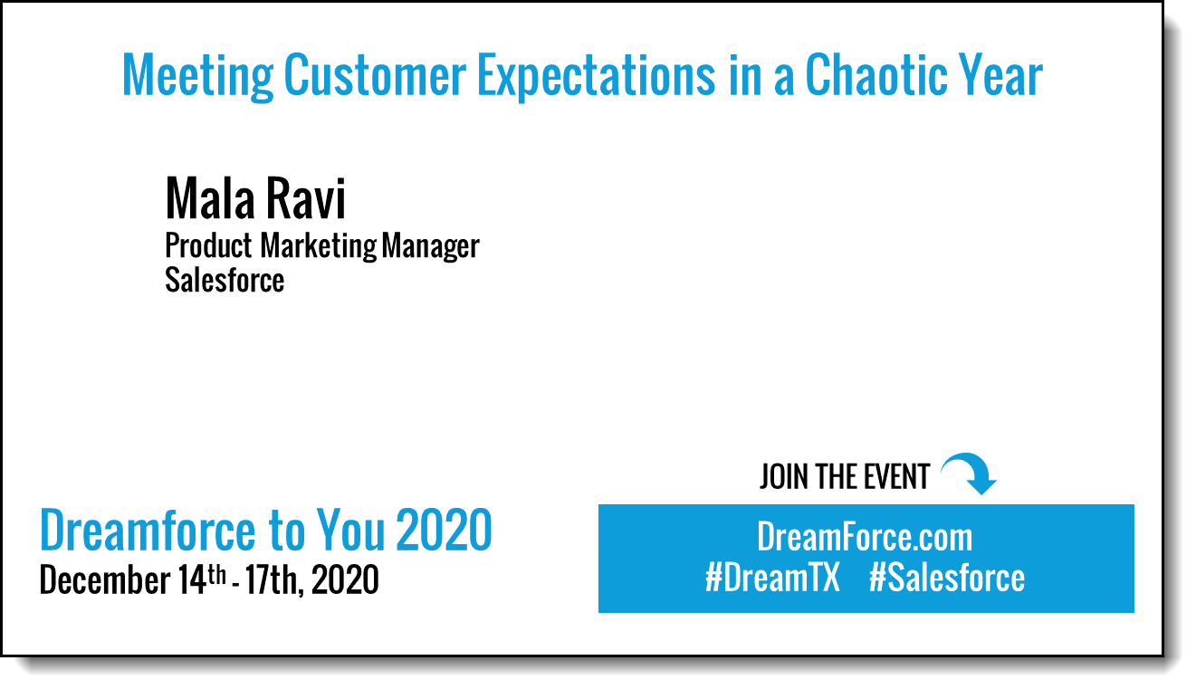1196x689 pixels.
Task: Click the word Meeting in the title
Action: pos(198,76)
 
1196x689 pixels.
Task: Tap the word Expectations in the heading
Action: pos(596,77)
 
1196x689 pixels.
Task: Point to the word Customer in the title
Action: pos(375,75)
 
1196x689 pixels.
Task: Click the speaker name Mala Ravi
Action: pos(255,198)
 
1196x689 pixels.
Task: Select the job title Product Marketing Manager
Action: pos(322,246)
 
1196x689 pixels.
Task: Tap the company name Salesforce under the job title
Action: pos(225,280)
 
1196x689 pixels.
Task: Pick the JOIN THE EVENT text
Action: pos(845,476)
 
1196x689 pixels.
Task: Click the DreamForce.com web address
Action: pos(865,536)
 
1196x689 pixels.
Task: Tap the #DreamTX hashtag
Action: pos(772,578)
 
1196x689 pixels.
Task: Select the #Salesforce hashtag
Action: pos(947,578)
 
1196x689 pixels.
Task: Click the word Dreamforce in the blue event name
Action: pos(148,530)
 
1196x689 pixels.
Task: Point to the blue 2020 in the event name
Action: pos(444,530)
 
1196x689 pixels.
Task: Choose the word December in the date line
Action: pos(105,579)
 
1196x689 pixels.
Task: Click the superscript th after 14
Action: pos(216,575)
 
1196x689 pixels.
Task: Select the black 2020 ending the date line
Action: pos(345,579)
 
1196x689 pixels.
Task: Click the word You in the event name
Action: pos(350,530)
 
